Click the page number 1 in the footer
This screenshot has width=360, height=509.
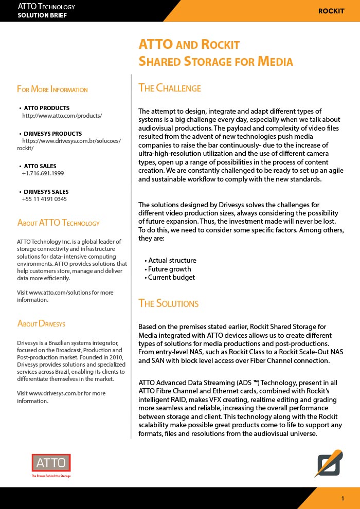[343, 499]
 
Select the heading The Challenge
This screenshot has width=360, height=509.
[170, 88]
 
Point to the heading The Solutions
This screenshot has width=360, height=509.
[168, 303]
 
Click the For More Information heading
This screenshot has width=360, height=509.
[52, 89]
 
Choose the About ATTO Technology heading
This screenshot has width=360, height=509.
[58, 223]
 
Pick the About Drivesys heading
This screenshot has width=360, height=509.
[41, 323]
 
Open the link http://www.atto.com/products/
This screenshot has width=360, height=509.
[62, 116]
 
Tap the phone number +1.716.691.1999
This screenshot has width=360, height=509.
[43, 174]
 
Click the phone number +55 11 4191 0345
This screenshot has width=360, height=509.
[44, 199]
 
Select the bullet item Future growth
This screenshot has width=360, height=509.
[169, 269]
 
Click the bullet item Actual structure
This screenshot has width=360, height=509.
[172, 261]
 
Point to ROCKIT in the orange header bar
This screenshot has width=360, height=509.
[331, 11]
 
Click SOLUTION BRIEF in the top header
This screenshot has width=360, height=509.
[42, 15]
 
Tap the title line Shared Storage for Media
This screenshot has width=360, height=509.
[215, 62]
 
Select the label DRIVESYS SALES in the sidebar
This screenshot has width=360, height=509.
[46, 192]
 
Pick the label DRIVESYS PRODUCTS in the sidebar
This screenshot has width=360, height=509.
[53, 134]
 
